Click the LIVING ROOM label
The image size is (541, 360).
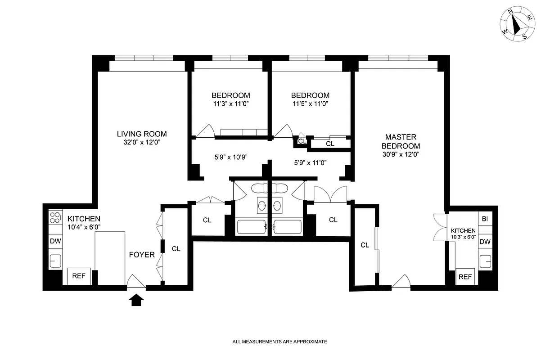(x=142, y=134)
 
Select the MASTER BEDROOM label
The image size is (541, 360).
(x=401, y=141)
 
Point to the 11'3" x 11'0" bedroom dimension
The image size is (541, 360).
(x=230, y=103)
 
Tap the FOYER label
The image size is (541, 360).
(x=142, y=255)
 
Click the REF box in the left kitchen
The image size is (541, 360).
(x=79, y=276)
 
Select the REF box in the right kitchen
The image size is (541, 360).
(x=465, y=277)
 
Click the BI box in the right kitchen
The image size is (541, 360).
(x=485, y=219)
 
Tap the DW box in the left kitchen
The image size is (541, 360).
(x=55, y=241)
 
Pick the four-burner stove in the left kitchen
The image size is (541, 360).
(x=55, y=218)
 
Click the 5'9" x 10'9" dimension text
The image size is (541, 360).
(x=230, y=157)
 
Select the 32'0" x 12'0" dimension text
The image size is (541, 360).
(x=142, y=142)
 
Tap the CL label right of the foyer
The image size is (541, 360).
(x=176, y=248)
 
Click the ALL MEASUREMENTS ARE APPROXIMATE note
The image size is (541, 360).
(x=280, y=342)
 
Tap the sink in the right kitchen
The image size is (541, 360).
(x=485, y=261)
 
